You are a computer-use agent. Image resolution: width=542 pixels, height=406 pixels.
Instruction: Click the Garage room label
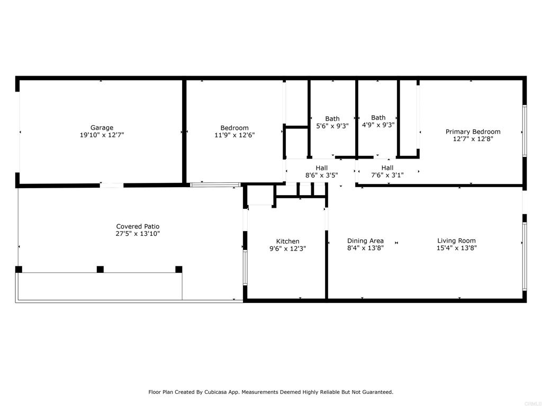pyautogui.click(x=102, y=128)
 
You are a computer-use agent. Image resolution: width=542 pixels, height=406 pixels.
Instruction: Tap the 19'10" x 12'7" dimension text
pyautogui.click(x=102, y=135)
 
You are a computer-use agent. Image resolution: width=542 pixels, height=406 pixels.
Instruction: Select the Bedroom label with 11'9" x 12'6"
pyautogui.click(x=234, y=128)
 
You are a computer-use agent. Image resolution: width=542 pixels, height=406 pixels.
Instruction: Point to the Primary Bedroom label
pyautogui.click(x=473, y=132)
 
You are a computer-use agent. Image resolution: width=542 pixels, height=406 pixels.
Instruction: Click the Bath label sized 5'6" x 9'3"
pyautogui.click(x=332, y=119)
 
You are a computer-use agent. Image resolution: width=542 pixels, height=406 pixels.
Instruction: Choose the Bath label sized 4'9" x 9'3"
pyautogui.click(x=378, y=118)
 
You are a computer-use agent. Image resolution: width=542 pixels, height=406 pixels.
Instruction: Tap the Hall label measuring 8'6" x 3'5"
pyautogui.click(x=321, y=168)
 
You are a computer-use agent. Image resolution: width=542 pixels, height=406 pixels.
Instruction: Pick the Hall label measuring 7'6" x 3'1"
pyautogui.click(x=387, y=168)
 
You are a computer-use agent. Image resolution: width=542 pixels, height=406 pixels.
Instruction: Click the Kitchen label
pyautogui.click(x=287, y=241)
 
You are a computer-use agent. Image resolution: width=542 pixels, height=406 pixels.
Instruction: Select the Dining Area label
pyautogui.click(x=365, y=241)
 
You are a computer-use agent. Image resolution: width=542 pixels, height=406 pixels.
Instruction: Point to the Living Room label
pyautogui.click(x=456, y=241)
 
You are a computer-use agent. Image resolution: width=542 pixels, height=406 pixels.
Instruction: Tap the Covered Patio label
pyautogui.click(x=138, y=226)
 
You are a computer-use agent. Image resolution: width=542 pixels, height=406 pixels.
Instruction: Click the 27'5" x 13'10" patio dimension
pyautogui.click(x=138, y=234)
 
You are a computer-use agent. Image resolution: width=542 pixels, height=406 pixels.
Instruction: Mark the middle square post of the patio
pyautogui.click(x=100, y=269)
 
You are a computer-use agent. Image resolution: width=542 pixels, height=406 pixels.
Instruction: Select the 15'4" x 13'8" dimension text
pyautogui.click(x=456, y=248)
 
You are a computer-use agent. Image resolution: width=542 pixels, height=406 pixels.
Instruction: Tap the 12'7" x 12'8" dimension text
pyautogui.click(x=473, y=139)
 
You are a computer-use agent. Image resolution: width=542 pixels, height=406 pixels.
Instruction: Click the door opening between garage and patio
pyautogui.click(x=112, y=186)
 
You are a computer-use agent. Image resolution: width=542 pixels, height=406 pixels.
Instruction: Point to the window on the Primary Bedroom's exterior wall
pyautogui.click(x=525, y=131)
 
